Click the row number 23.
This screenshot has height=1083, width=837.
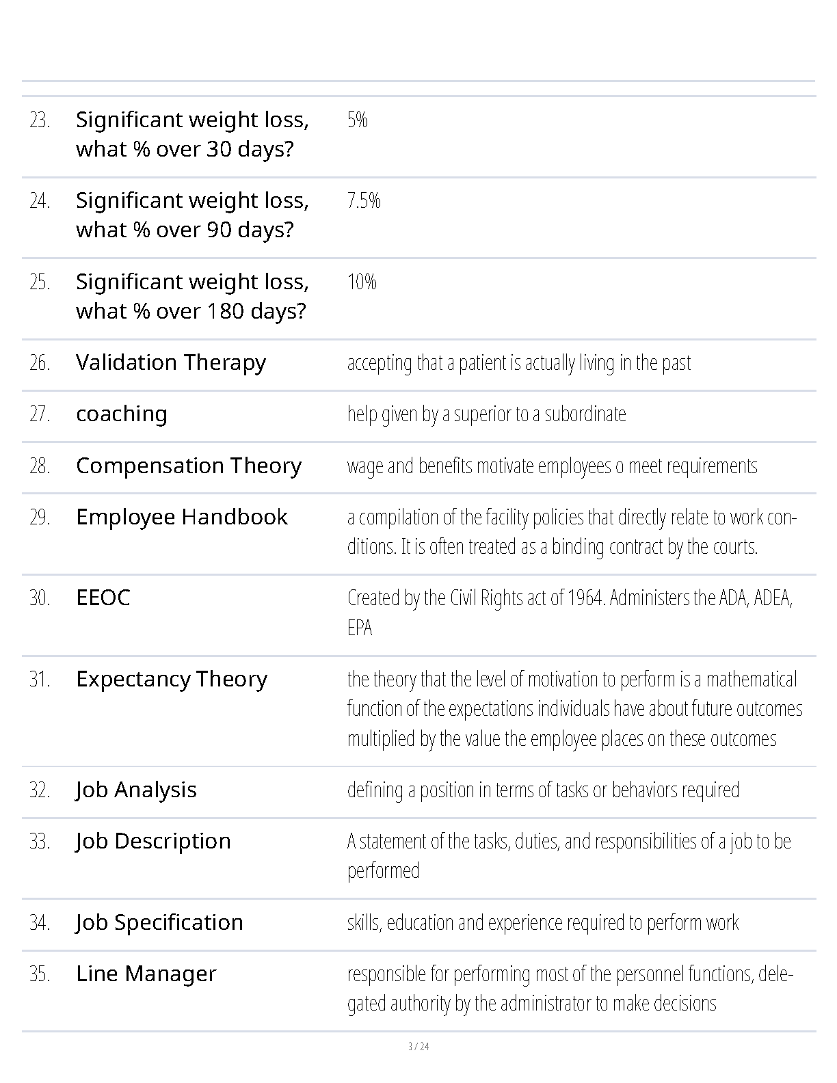tap(40, 120)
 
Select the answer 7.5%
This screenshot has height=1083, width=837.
tap(364, 201)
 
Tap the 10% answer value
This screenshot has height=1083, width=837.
tap(362, 282)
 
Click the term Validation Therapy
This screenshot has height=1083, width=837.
tap(171, 363)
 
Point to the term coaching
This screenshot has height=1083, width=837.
tap(122, 414)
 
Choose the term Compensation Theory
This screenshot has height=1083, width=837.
tap(189, 466)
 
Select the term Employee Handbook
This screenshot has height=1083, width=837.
tap(182, 518)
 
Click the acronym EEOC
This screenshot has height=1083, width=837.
tap(103, 598)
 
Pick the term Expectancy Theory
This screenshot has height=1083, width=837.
tap(172, 680)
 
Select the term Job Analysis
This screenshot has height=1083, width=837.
tap(136, 790)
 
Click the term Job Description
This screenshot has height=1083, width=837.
tap(153, 842)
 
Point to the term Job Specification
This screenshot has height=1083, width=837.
tap(159, 923)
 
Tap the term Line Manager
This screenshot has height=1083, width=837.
tap(146, 974)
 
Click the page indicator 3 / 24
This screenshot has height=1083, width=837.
tap(418, 1046)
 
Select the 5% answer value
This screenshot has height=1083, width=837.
tap(358, 120)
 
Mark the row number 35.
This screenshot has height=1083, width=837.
tap(40, 974)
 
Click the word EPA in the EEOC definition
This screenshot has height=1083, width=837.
tap(360, 628)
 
